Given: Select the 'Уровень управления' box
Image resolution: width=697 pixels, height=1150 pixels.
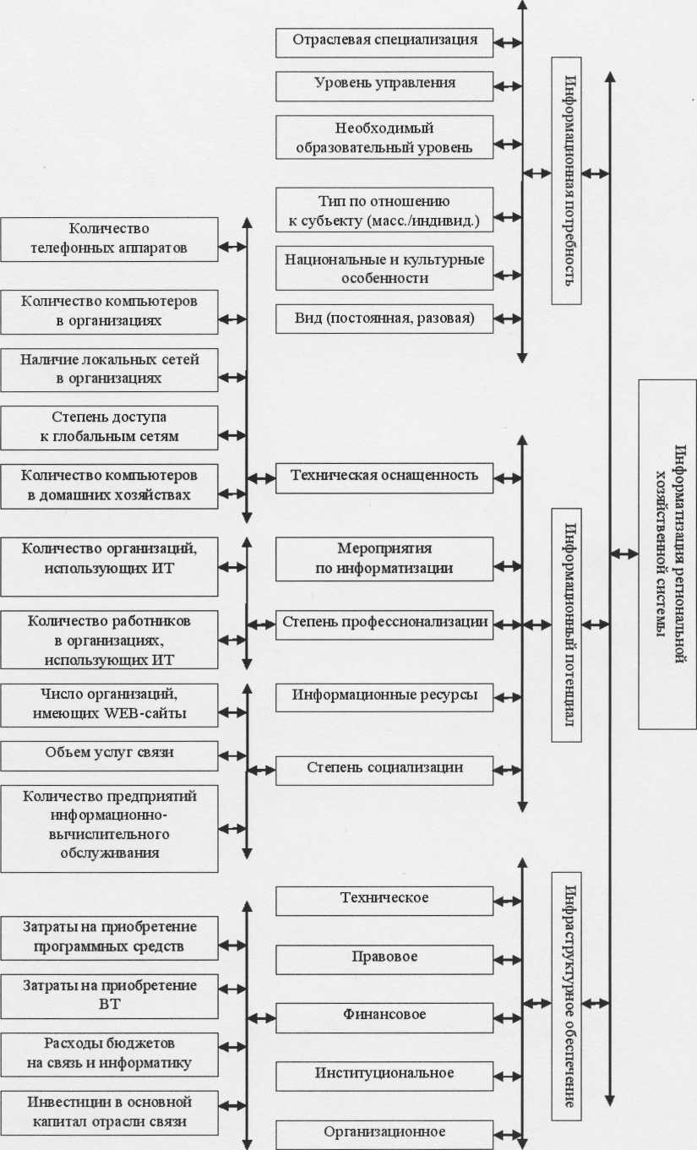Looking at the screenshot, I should point(384,85).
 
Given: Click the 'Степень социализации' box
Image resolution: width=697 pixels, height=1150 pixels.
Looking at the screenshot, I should point(384,770).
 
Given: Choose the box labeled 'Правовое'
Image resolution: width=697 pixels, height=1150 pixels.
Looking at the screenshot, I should point(384,959).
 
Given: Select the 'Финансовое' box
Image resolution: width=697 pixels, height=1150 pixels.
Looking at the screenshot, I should point(384,1016).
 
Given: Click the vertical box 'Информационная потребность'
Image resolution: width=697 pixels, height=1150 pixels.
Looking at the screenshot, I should point(567,180).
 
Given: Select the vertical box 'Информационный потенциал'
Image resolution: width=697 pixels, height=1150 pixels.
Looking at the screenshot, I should point(567,624).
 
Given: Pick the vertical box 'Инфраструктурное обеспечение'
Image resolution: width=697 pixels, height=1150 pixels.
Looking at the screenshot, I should point(567,997).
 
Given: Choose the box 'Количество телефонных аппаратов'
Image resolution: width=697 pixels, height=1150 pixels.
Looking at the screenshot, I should point(110,239).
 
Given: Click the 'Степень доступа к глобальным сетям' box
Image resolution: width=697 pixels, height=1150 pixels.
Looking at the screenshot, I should point(110,428).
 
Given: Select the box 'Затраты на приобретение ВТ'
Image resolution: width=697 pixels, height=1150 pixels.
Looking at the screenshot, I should point(110,995).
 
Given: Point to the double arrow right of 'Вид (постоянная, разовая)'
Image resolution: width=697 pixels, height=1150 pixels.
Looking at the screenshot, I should point(508,319).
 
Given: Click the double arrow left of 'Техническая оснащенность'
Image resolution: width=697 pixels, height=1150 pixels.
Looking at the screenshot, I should point(261,477).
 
